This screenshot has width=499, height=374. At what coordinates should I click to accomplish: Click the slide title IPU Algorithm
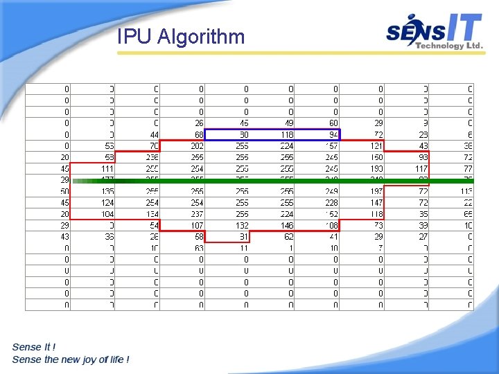pos(181,36)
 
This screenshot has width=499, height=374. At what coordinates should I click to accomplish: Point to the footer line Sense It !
pos(34,346)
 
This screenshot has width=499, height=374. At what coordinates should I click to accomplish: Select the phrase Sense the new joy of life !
pos(70,359)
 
